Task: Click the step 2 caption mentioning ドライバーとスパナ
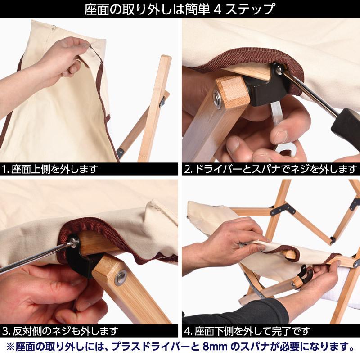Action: click(x=270, y=169)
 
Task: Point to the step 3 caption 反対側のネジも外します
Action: click(x=60, y=332)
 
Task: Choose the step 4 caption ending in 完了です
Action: click(x=247, y=332)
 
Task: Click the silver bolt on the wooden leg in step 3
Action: click(x=120, y=277)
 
